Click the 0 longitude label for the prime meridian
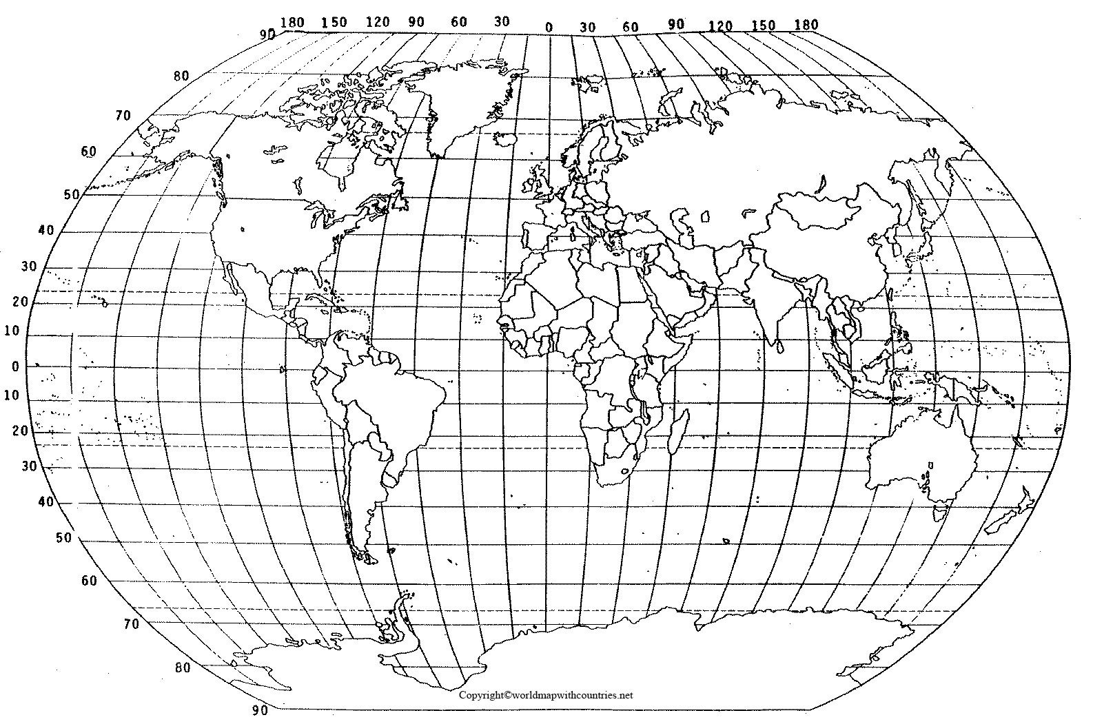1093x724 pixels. pos(549,28)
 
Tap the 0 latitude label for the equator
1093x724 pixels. pos(16,366)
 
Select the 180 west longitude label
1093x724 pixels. pos(294,22)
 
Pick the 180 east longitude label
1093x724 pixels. pos(806,25)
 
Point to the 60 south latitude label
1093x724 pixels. pos(89,581)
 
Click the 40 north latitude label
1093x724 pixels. pos(45,230)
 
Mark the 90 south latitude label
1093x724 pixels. pos(261,710)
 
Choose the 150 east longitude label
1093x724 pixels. pos(764,25)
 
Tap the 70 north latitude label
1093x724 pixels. pos(123,115)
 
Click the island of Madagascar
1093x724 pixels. pos(678,431)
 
